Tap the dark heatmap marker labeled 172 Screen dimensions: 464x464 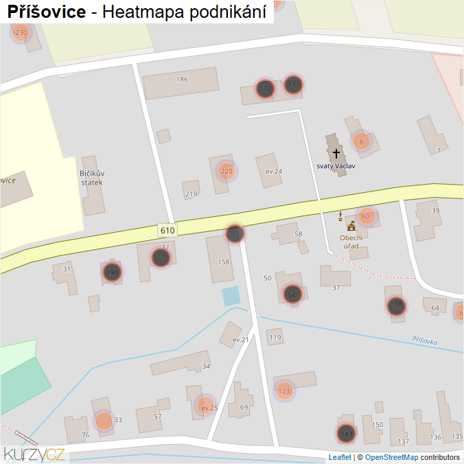265,89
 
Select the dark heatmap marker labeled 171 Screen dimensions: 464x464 294,84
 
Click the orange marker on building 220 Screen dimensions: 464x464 227,171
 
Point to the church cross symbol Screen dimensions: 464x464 336,154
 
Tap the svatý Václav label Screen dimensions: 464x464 336,166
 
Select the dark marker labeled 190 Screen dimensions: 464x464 112,272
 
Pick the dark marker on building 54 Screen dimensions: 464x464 292,294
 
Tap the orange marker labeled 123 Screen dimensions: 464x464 284,391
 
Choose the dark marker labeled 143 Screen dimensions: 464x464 347,434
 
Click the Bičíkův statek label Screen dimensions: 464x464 91,178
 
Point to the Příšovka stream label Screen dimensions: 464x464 425,340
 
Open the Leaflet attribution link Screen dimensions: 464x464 340,457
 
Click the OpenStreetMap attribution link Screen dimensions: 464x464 391,457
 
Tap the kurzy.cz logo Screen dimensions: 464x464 34,454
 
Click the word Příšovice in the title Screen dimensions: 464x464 47,12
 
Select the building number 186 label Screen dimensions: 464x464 182,80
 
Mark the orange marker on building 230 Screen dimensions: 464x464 21,32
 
